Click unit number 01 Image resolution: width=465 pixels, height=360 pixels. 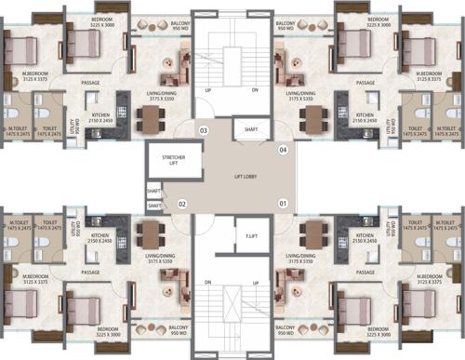[x=282, y=203]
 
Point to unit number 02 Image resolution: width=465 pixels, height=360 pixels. [x=183, y=203]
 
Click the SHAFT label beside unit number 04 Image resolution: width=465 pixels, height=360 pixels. [x=250, y=129]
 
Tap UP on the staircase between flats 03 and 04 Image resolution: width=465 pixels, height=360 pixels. [x=207, y=90]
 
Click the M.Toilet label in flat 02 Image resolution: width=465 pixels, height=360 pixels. [x=18, y=224]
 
